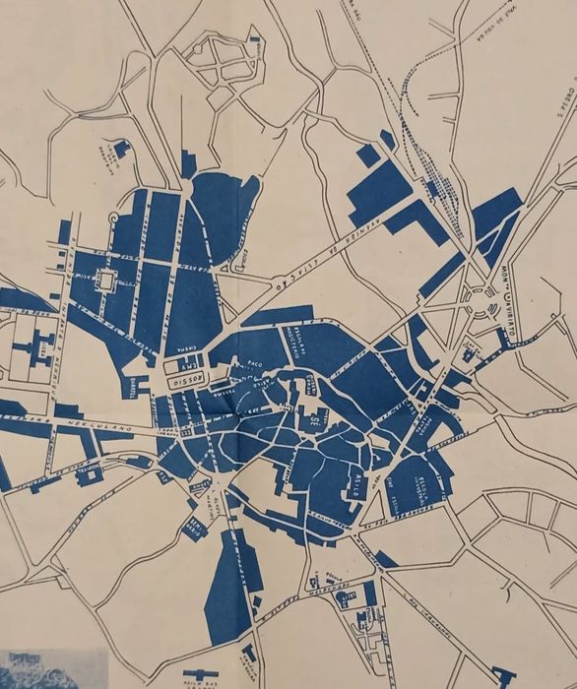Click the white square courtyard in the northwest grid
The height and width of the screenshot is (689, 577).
[105, 281]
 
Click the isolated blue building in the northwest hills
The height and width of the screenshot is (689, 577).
[121, 150]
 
